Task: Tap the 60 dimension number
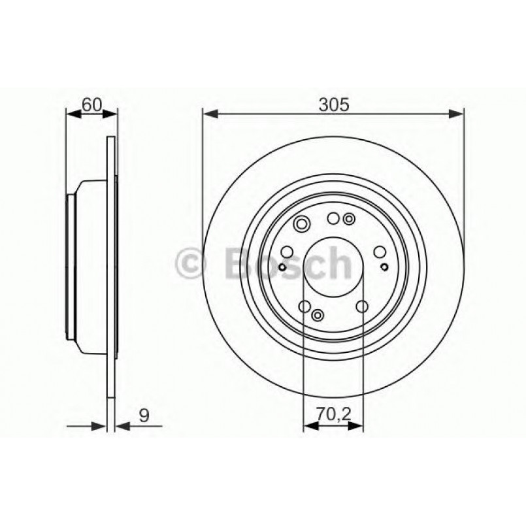(x=91, y=104)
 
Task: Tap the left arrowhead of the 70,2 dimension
(x=309, y=425)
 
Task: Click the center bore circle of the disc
(x=333, y=267)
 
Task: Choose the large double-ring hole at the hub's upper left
(x=303, y=225)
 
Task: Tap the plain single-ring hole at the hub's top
(x=333, y=218)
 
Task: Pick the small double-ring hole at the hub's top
(x=350, y=219)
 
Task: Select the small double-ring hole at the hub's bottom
(x=318, y=316)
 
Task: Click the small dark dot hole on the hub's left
(x=282, y=267)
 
